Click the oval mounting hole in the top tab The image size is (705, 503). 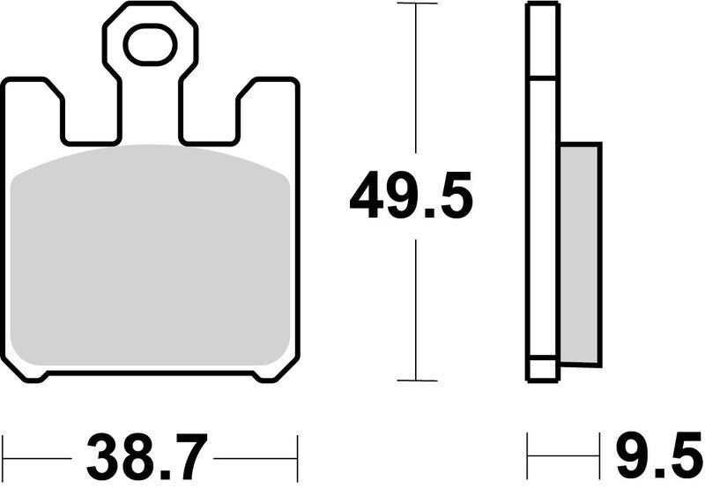click(150, 45)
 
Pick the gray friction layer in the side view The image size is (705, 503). click(580, 254)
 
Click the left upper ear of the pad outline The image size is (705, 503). click(33, 97)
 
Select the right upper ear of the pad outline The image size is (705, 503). click(268, 97)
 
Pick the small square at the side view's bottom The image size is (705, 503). click(542, 369)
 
